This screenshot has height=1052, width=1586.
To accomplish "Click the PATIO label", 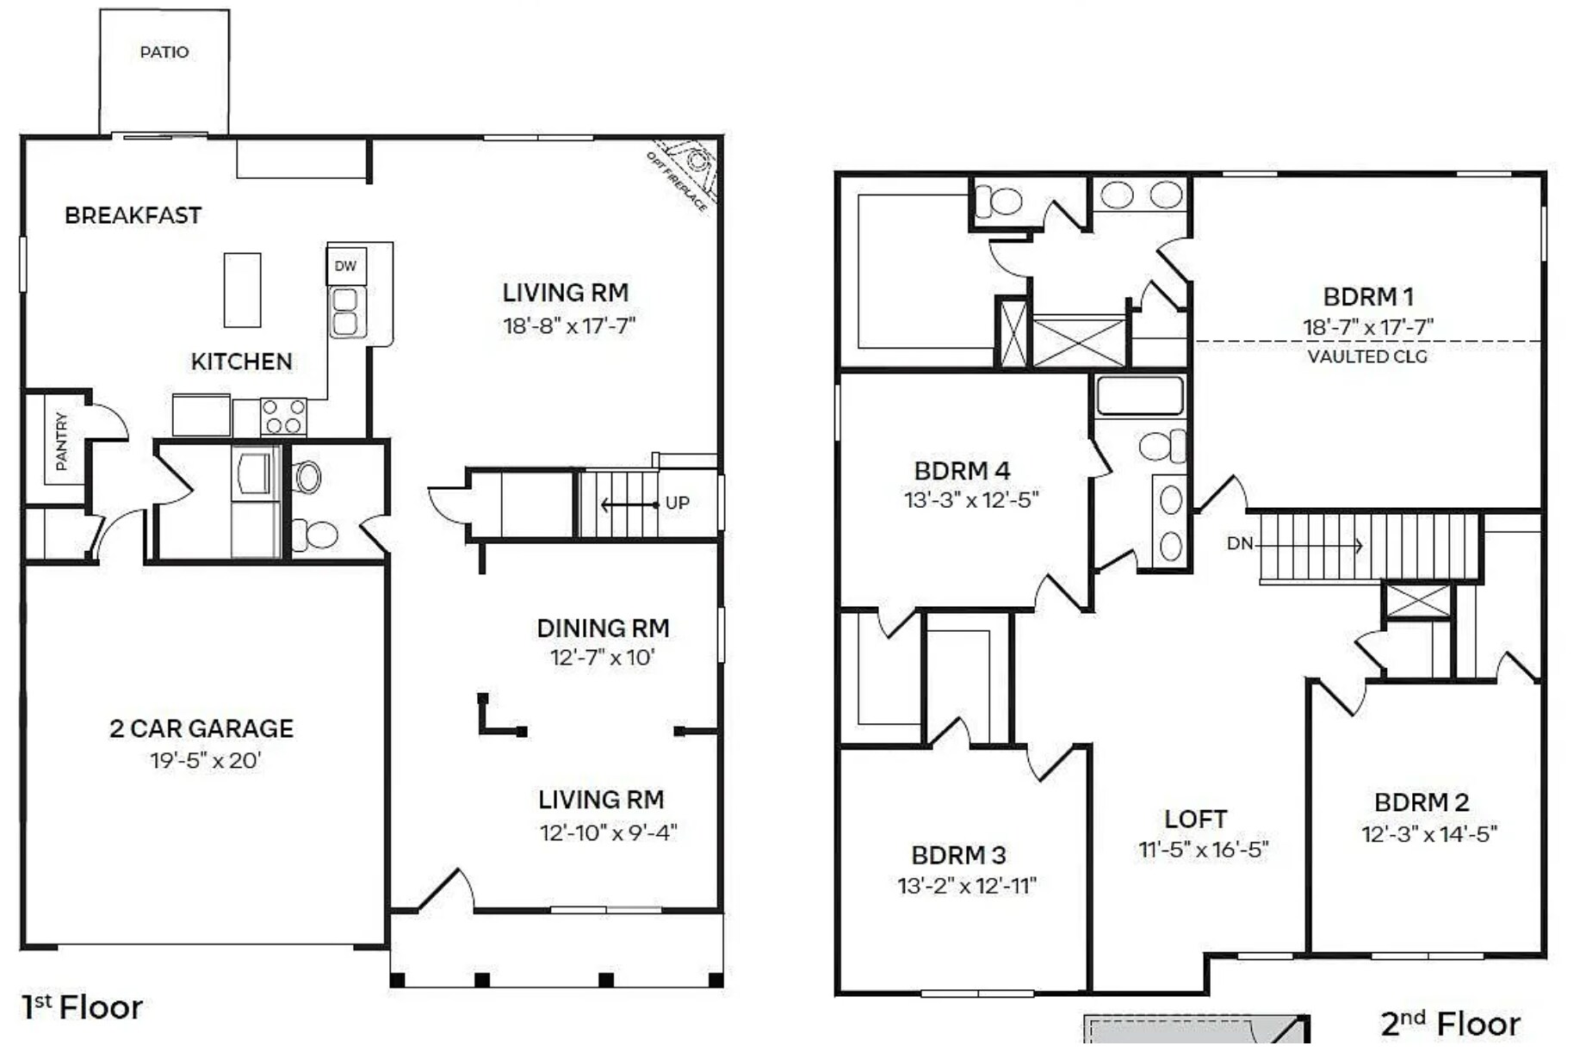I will (x=164, y=53).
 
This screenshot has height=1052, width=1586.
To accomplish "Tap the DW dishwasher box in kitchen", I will (x=346, y=267).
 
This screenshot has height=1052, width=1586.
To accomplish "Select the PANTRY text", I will (x=61, y=442).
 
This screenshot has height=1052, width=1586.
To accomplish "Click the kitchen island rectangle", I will (x=242, y=290).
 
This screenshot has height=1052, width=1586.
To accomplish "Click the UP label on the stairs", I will (x=677, y=504).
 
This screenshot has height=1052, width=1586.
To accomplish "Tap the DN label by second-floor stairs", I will (x=1239, y=544).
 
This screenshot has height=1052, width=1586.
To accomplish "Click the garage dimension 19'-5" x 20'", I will (x=205, y=761).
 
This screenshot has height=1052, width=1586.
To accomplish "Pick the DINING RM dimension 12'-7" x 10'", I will (x=603, y=659).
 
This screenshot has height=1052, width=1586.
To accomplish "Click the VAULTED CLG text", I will (x=1367, y=357).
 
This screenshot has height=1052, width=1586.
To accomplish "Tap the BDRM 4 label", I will (x=962, y=472).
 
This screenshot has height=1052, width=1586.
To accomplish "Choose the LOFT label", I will (x=1195, y=820).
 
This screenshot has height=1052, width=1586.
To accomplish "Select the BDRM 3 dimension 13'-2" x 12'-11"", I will (x=966, y=887).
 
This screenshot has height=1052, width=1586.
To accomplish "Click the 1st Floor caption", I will (x=82, y=1007).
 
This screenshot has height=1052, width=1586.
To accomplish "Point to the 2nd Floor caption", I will (x=1450, y=1024).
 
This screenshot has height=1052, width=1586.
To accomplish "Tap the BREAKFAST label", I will (x=133, y=215).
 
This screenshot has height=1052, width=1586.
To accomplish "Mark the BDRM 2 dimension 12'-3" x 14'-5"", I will (x=1428, y=835).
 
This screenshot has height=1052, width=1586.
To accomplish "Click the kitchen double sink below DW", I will (x=345, y=312).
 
